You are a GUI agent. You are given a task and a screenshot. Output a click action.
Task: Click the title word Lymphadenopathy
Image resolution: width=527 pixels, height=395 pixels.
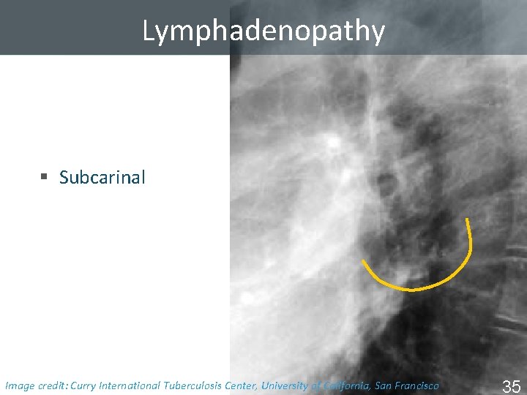click(x=263, y=31)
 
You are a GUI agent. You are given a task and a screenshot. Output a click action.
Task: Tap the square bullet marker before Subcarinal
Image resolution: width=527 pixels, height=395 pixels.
click(x=44, y=177)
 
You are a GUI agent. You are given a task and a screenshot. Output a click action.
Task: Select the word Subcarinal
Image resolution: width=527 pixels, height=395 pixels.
click(x=102, y=177)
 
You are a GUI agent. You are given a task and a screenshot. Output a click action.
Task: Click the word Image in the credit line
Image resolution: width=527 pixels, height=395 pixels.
click(x=20, y=385)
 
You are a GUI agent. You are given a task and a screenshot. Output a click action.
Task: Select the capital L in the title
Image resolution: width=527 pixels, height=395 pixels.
click(x=149, y=31)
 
